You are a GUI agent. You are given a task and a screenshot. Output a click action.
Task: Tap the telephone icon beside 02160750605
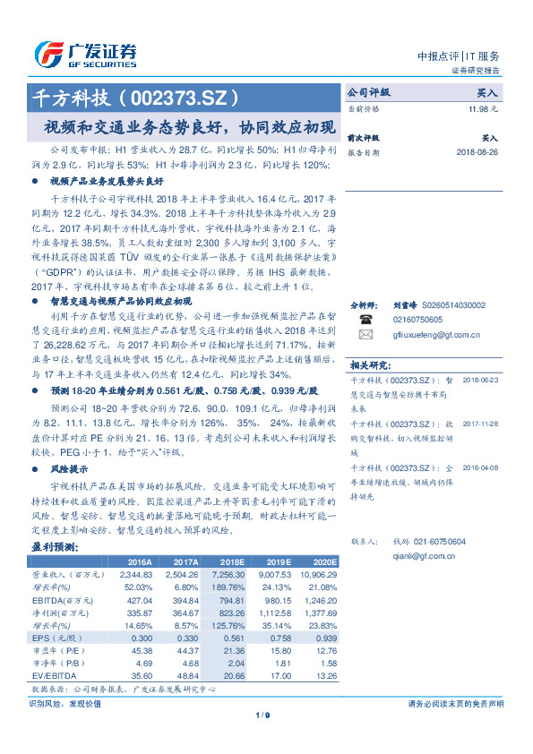(x=365, y=319)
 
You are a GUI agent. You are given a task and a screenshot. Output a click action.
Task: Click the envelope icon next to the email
(x=365, y=334)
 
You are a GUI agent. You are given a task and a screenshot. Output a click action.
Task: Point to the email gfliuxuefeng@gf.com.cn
(x=436, y=334)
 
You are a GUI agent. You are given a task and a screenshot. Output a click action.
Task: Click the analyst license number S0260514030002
(x=453, y=305)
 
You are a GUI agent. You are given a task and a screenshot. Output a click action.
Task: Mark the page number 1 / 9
(x=262, y=714)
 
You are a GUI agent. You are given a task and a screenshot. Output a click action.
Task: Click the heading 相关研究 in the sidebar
(x=368, y=364)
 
